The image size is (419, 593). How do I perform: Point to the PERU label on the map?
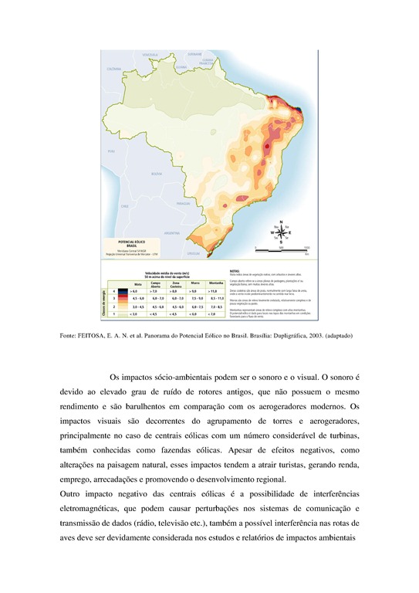pos(111,151)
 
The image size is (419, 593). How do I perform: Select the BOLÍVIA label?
pos(157,175)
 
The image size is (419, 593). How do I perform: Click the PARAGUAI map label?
pos(183,203)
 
